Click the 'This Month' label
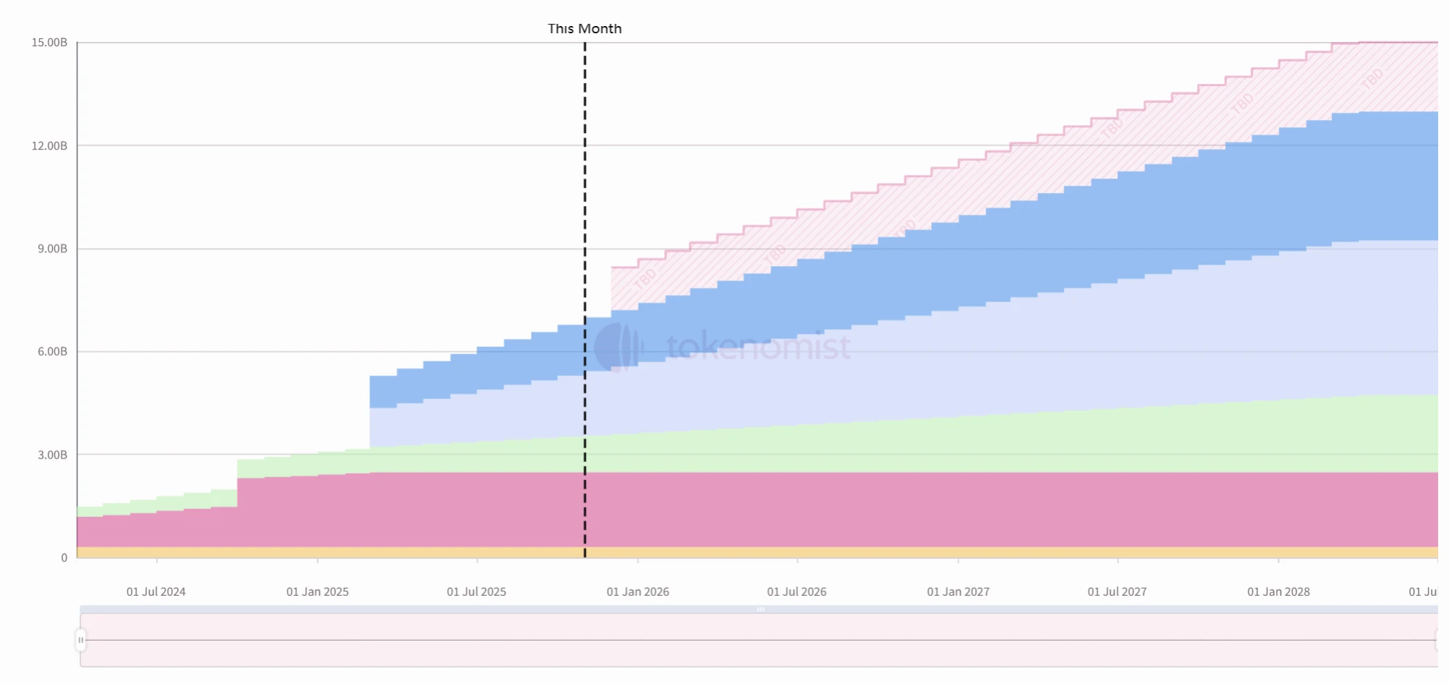click(x=585, y=29)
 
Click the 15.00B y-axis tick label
click(x=49, y=43)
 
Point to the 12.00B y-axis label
click(x=49, y=146)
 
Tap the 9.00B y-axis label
click(x=52, y=249)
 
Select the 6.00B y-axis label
click(x=52, y=351)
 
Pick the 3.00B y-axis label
click(x=52, y=455)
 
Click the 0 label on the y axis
click(x=64, y=558)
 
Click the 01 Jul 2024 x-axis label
click(x=156, y=591)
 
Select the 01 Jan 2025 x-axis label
click(x=318, y=591)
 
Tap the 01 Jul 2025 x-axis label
click(x=477, y=591)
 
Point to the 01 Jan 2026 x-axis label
click(x=638, y=591)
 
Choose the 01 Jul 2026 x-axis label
click(x=796, y=591)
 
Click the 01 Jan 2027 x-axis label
click(x=959, y=591)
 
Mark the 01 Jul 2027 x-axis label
click(x=1117, y=591)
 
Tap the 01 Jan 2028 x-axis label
click(x=1278, y=591)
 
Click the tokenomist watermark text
click(x=758, y=347)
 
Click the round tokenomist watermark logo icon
click(x=618, y=347)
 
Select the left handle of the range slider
click(x=81, y=640)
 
